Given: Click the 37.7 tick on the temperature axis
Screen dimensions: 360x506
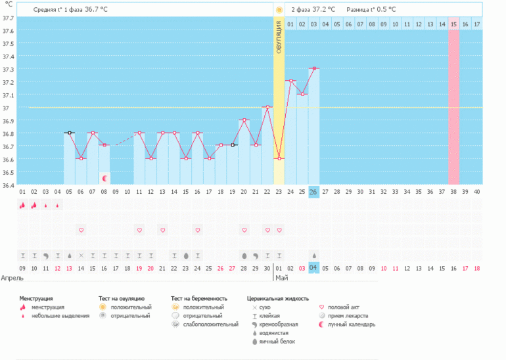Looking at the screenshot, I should coord(8,18).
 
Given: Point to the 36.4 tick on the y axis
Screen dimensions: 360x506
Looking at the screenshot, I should coord(8,185).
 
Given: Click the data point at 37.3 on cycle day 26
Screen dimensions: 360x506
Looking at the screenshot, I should coord(314,68).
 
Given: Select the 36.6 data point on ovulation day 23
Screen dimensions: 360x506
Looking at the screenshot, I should coord(279,158).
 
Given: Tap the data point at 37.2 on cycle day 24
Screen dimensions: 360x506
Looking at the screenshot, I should coord(290,81).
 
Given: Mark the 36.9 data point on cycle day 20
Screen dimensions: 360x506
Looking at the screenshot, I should coord(244,120).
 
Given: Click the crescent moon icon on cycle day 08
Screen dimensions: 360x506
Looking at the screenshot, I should coord(104,178).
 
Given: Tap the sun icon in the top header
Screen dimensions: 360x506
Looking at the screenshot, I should coord(279,10).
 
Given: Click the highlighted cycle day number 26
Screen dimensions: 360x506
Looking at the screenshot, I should coord(313,192).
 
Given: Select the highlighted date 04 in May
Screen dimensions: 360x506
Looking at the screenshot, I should coord(313,268).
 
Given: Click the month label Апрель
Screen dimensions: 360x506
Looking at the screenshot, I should coord(13,279).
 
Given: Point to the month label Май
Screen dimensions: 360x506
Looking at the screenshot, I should coord(281,279).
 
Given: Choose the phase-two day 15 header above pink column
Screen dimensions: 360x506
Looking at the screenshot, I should coord(453,24).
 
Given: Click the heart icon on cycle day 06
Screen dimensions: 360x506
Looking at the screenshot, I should coord(81,230).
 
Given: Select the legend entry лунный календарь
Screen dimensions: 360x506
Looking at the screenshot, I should coord(352,325).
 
